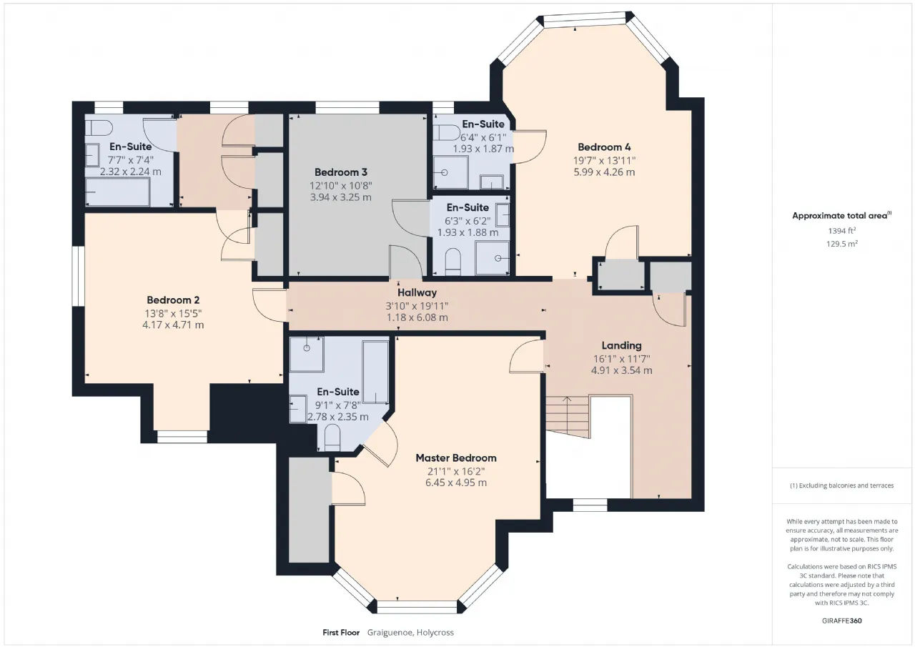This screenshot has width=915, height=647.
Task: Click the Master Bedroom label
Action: click(456, 458)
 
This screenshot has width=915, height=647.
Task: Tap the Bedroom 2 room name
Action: click(173, 300)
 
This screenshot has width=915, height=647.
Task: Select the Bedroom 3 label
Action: click(341, 172)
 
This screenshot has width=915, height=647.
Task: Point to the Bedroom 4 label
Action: click(604, 147)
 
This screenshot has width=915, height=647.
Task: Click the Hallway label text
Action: click(417, 293)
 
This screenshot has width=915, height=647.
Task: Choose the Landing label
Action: click(621, 346)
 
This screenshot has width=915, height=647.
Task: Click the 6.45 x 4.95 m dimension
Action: click(456, 483)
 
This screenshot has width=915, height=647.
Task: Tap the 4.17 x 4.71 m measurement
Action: click(173, 325)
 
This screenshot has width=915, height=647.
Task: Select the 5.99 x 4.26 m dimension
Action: click(604, 172)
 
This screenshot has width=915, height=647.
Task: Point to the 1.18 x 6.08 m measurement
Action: click(417, 317)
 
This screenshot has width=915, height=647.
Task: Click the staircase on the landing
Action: click(568, 417)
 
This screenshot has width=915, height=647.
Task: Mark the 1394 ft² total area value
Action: click(841, 231)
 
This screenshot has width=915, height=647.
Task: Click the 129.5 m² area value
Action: click(841, 244)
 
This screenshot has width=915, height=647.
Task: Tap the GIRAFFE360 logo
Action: click(841, 621)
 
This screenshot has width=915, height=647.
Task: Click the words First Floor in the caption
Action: click(341, 633)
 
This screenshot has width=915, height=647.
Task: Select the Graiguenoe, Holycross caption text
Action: click(410, 633)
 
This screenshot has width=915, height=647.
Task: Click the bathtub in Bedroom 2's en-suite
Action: click(118, 192)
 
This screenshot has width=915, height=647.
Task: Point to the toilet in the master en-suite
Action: click(332, 437)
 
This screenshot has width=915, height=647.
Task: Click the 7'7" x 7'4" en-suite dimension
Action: click(131, 160)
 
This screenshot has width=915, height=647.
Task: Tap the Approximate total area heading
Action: click(841, 216)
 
